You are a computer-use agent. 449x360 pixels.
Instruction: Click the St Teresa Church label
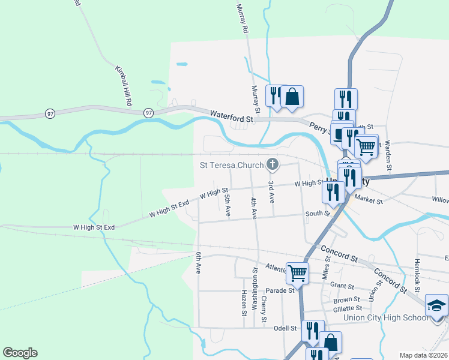(232, 165)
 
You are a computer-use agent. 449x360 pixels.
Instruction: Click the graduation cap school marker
(436, 304)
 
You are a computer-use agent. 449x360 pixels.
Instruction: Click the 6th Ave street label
(197, 262)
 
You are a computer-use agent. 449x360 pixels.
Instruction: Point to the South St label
(318, 213)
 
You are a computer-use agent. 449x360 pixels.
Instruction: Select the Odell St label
(285, 328)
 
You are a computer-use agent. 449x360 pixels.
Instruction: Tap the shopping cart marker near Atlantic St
(297, 272)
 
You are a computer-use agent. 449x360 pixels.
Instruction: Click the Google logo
(20, 353)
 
